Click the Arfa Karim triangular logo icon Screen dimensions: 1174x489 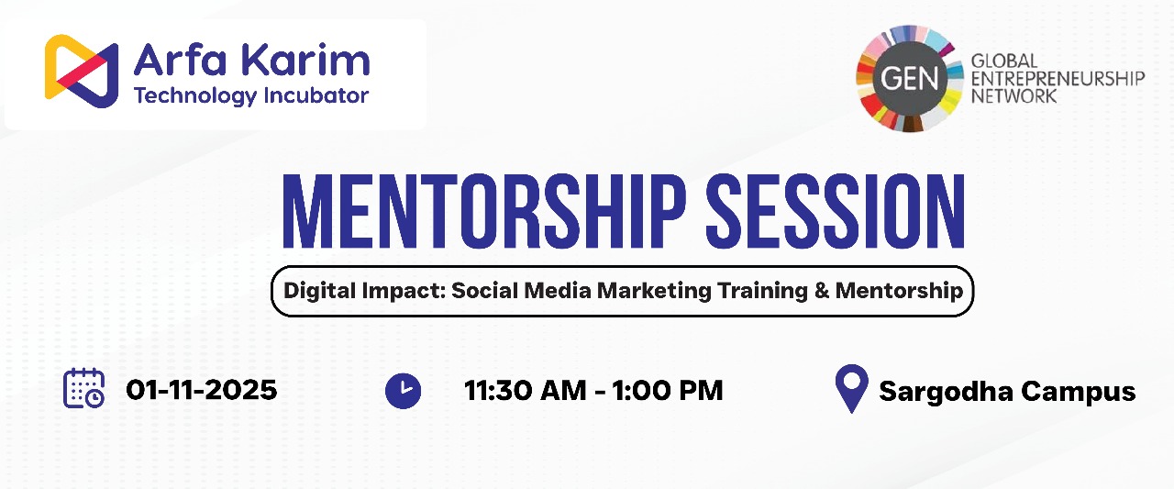(x=82, y=72)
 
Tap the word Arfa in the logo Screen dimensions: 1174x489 (x=181, y=60)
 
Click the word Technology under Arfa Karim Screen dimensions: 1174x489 (x=195, y=96)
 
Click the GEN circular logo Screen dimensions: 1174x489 (x=909, y=79)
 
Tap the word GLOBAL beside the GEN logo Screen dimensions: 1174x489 (x=1004, y=61)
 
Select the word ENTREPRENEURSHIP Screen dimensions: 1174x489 (x=1058, y=79)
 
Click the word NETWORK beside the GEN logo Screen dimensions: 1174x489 (x=1013, y=96)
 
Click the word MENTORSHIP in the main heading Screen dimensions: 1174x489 (x=484, y=211)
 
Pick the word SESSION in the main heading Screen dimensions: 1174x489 (x=836, y=211)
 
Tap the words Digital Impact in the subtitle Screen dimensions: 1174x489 (x=363, y=290)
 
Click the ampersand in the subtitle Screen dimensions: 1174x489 (x=821, y=290)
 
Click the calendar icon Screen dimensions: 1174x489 (x=83, y=388)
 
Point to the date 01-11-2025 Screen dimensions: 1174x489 (x=201, y=390)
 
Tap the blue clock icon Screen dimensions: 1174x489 (x=403, y=391)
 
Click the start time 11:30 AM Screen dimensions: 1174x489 (x=526, y=391)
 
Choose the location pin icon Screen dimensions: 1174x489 (x=852, y=388)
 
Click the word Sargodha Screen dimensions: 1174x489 (x=946, y=392)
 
